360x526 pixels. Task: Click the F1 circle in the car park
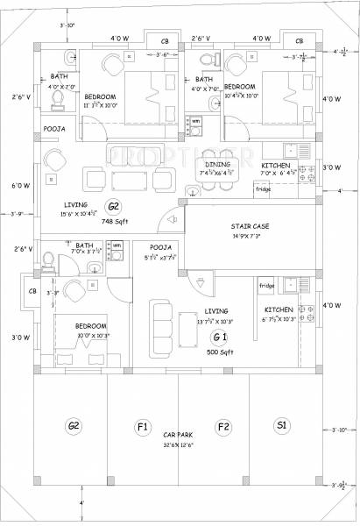141,427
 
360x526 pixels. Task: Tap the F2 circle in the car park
223,427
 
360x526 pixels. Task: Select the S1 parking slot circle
281,427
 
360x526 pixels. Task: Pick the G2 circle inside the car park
74,427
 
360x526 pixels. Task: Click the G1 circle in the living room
220,338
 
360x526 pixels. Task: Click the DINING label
218,164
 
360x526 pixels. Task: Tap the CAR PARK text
179,436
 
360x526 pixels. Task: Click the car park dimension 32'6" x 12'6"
180,446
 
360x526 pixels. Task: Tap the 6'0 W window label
21,186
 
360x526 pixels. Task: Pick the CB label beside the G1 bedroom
33,291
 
